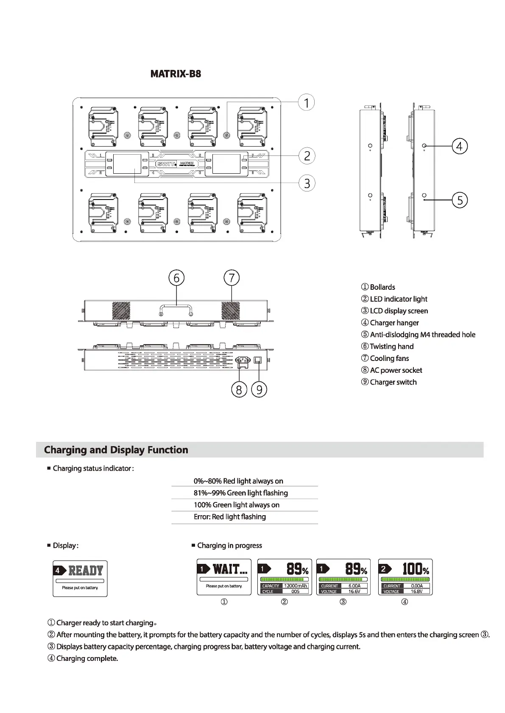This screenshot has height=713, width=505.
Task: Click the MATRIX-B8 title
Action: [176, 74]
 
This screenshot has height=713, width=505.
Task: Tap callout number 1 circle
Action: [306, 103]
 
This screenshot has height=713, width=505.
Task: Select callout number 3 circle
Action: [307, 183]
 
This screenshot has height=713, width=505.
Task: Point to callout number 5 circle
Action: [460, 200]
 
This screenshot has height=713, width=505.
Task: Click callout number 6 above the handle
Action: [176, 278]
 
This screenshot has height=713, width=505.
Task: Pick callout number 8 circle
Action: [239, 389]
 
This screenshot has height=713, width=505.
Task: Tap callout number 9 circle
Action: [259, 389]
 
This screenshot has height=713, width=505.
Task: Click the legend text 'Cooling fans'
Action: [389, 358]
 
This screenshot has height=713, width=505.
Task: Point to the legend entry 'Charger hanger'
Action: [394, 323]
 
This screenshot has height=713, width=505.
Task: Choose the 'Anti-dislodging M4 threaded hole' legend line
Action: [422, 335]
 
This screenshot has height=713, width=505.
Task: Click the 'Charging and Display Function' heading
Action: [116, 450]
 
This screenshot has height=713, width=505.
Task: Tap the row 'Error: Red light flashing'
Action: [230, 517]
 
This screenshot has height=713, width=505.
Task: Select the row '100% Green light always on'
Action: [237, 505]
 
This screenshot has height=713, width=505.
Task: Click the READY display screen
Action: [80, 578]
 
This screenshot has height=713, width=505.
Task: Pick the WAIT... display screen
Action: [224, 577]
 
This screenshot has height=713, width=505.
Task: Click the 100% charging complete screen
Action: [405, 577]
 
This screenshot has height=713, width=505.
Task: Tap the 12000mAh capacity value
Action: [295, 586]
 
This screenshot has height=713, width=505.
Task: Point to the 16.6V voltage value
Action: [354, 591]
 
